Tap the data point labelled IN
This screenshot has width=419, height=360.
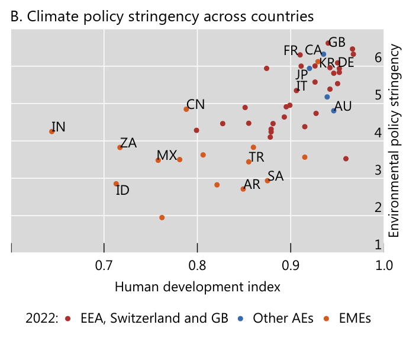tap(52, 131)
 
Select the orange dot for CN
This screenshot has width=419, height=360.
tap(186, 109)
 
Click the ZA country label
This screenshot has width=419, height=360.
tap(128, 143)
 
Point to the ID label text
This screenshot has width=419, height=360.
tap(123, 190)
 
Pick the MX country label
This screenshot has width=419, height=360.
tap(166, 155)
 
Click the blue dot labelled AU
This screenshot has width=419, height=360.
tap(334, 110)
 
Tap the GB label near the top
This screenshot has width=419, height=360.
tap(337, 43)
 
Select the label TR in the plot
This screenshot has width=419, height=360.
tap(256, 157)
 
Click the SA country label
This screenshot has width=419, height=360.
tap(275, 176)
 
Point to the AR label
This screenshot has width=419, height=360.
tap(252, 185)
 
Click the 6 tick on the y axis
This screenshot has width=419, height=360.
tap(378, 57)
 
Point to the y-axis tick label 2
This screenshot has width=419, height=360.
tap(378, 207)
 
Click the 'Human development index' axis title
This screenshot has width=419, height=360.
tap(197, 287)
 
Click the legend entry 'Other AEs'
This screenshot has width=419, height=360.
tap(281, 319)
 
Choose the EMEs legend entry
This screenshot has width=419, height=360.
tap(355, 319)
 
